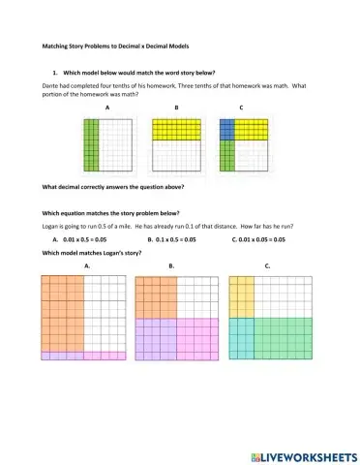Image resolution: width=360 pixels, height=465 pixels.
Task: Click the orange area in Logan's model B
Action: (x=155, y=295)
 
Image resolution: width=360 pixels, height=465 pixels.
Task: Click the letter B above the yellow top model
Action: (x=176, y=108)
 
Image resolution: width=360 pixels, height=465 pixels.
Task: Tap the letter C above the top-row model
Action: (x=240, y=108)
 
